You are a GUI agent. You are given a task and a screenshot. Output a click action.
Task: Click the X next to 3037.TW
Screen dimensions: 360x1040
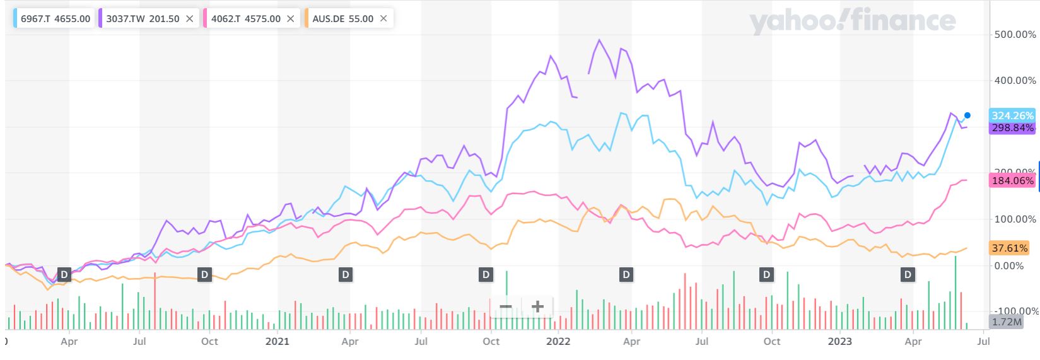[190, 18]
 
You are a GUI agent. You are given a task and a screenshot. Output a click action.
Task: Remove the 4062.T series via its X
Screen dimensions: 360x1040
[291, 18]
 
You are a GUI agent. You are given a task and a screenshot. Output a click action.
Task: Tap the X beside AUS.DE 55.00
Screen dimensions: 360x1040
[383, 18]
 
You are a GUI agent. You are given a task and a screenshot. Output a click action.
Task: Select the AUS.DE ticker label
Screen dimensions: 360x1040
[329, 18]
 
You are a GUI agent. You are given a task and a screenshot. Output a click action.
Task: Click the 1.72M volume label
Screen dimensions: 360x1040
[1007, 322]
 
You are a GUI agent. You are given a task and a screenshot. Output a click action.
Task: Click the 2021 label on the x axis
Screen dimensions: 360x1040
[278, 342]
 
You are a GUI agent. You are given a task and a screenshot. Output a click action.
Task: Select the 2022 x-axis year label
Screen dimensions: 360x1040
[558, 342]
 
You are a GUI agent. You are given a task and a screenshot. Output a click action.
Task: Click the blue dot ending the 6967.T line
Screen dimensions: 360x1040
[967, 115]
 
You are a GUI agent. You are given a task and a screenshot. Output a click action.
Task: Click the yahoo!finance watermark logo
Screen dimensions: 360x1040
[852, 21]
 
